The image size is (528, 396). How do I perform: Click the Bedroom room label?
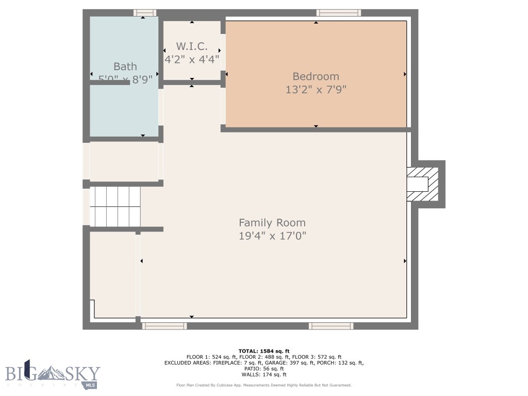pyautogui.click(x=316, y=76)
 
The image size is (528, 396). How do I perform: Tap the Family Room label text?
pyautogui.click(x=272, y=223)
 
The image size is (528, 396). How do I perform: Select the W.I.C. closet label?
pyautogui.click(x=192, y=46)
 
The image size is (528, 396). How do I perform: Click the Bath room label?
pyautogui.click(x=125, y=66)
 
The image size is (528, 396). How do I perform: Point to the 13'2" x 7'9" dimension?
pyautogui.click(x=316, y=90)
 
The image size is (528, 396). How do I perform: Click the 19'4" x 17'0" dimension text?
pyautogui.click(x=272, y=236)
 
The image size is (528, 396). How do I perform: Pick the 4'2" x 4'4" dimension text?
pyautogui.click(x=192, y=59)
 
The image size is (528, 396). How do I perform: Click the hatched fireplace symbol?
pyautogui.click(x=423, y=184)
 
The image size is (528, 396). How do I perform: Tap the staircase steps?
pyautogui.click(x=115, y=206)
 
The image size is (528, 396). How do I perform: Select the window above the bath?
pyautogui.click(x=144, y=13)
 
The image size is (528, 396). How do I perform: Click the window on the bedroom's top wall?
pyautogui.click(x=338, y=13)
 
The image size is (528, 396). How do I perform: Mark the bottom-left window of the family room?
pyautogui.click(x=164, y=326)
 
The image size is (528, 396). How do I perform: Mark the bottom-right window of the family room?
pyautogui.click(x=331, y=326)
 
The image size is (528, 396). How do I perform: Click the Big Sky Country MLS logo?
pyautogui.click(x=53, y=375)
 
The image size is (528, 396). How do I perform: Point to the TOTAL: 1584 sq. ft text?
pyautogui.click(x=263, y=351)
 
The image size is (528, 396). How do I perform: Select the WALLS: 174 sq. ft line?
pyautogui.click(x=263, y=374)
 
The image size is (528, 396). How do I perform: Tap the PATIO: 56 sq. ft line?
pyautogui.click(x=263, y=369)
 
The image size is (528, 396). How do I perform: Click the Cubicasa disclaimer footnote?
pyautogui.click(x=263, y=385)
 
